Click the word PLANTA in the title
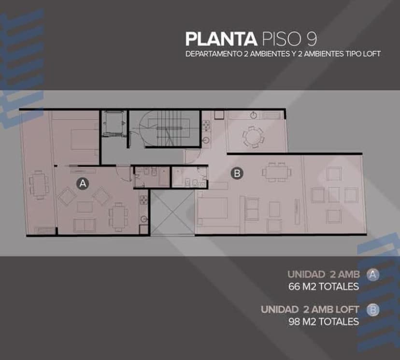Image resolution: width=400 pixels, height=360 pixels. pos(221,39)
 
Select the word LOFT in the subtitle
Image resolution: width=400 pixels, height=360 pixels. pos(372,54)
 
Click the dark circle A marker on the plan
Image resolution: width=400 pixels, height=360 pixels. pos(83,184)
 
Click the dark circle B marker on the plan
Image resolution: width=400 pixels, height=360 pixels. pos(237,173)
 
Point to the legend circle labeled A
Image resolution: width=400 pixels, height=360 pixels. pos(372,275)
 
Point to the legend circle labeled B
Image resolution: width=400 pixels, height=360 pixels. pos(372,310)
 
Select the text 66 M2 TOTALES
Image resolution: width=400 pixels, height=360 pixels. pos(324,287)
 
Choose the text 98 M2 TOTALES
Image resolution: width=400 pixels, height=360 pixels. pos(324,322)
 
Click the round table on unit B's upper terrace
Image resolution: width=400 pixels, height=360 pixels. pos(253,137)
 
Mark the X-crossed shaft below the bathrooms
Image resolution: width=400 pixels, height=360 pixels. pos(172,212)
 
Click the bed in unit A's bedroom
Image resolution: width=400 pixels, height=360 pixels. pos(84,139)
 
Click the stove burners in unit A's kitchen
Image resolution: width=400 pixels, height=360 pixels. pos(143,200)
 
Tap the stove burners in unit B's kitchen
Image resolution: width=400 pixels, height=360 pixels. pos(206,126)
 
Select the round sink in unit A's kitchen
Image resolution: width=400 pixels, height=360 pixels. pos(144,219)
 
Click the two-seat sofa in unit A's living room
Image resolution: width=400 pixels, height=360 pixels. pos(85,225)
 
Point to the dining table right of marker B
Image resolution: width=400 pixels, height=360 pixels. pos(276,172)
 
